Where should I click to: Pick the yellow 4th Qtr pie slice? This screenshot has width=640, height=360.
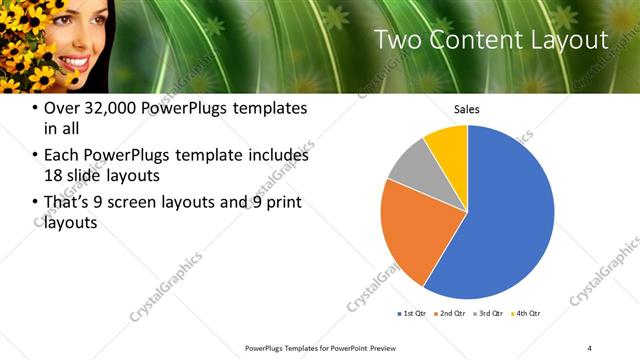(447, 144)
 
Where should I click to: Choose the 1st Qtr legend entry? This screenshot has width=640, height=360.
(411, 313)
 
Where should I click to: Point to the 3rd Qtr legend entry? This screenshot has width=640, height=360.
(489, 313)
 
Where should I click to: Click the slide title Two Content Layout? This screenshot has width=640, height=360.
(490, 40)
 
